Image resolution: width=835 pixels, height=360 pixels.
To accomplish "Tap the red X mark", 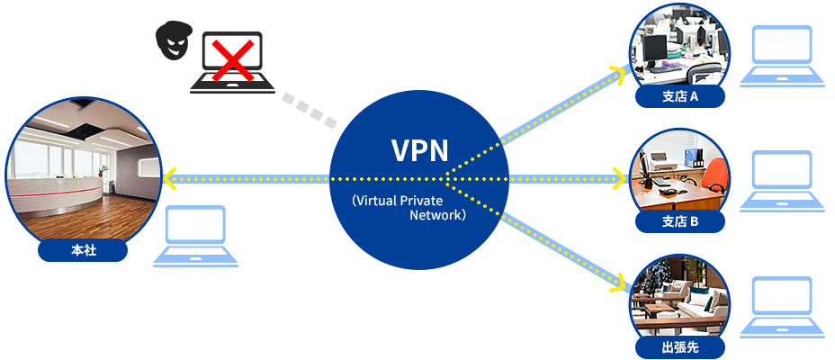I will [x=232, y=61].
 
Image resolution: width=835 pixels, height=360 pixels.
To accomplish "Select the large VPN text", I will [x=419, y=149].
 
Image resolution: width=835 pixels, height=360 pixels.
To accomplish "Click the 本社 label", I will [x=84, y=251].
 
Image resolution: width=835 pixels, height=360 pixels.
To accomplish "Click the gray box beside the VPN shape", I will [x=304, y=111].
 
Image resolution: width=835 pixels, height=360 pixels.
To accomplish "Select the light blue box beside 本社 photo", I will [x=195, y=235].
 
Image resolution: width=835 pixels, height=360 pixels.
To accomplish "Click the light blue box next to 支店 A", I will [x=781, y=55].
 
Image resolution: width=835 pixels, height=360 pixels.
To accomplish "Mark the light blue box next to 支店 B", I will [x=781, y=180].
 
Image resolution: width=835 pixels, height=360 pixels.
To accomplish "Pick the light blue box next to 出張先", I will [x=781, y=306].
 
